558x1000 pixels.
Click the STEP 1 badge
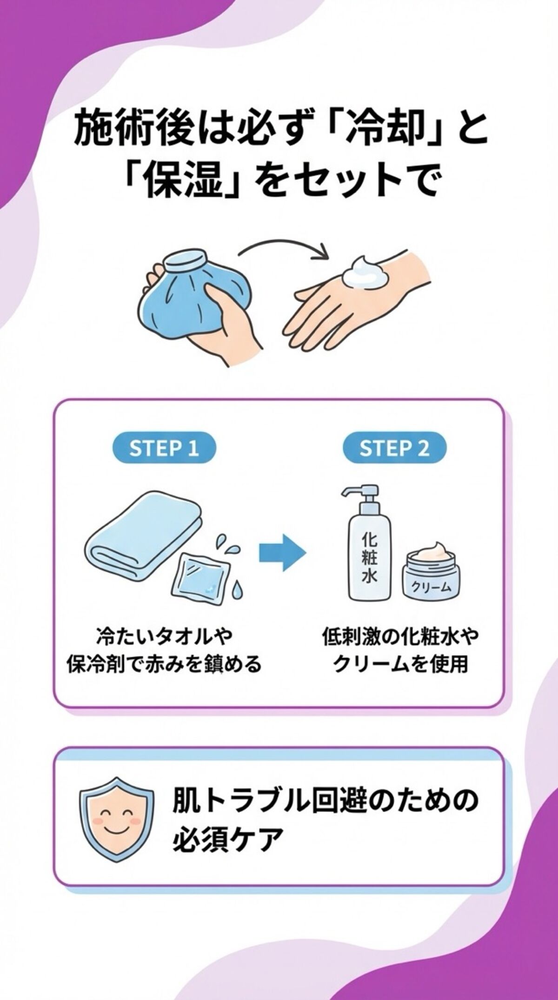pos(164,449)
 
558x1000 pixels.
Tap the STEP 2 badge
pos(394,449)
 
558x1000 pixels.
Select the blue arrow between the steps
pos(282,552)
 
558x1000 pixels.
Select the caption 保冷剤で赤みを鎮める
pos(164,664)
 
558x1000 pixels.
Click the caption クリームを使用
pos(400,664)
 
